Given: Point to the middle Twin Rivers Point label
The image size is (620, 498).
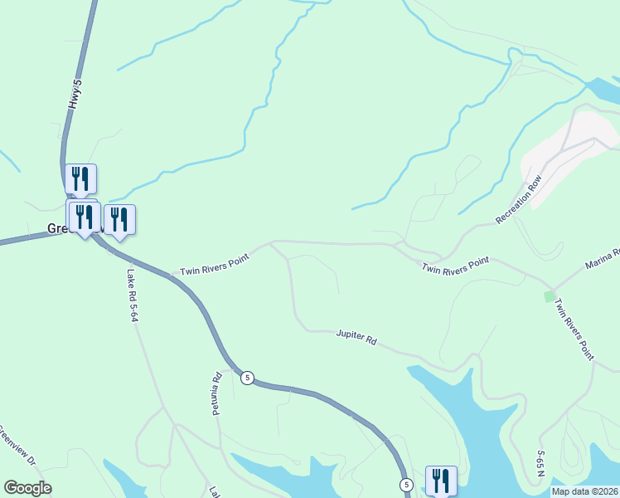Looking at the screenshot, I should click(455, 266).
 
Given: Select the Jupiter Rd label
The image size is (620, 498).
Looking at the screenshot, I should click(356, 337).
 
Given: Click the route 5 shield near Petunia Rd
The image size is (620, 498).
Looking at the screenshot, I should click(247, 378).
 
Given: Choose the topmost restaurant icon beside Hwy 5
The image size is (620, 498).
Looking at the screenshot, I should click(80, 178).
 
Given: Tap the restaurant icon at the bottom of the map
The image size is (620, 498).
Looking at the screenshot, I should click(441, 480).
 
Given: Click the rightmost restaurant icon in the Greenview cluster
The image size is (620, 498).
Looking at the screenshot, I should click(119, 219).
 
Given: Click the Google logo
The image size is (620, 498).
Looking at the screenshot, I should click(27, 488).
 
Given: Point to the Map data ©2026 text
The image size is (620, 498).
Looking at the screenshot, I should click(584, 491).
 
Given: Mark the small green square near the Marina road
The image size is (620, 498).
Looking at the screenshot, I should click(548, 295).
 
